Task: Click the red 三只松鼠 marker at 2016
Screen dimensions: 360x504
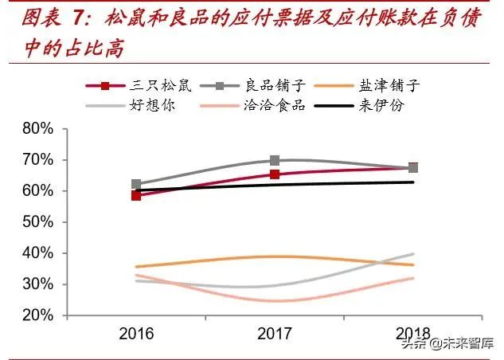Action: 136,195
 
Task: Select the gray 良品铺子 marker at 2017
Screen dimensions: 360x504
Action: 275,160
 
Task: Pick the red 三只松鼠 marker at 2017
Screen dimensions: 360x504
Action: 275,174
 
